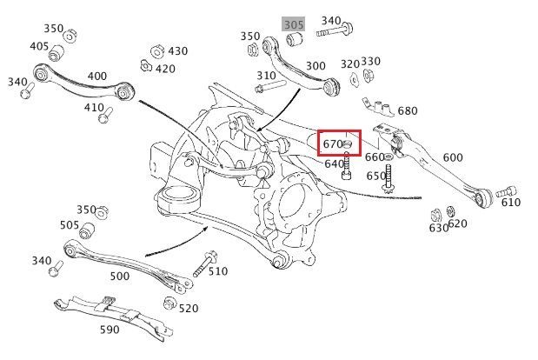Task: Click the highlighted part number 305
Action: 293,24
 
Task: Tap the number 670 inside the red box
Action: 333,143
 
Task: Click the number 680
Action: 407,111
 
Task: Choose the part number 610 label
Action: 510,203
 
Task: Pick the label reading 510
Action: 217,271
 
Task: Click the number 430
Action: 177,51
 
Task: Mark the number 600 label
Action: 453,157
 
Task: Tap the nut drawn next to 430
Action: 157,50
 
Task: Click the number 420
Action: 165,70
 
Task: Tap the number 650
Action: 375,176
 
